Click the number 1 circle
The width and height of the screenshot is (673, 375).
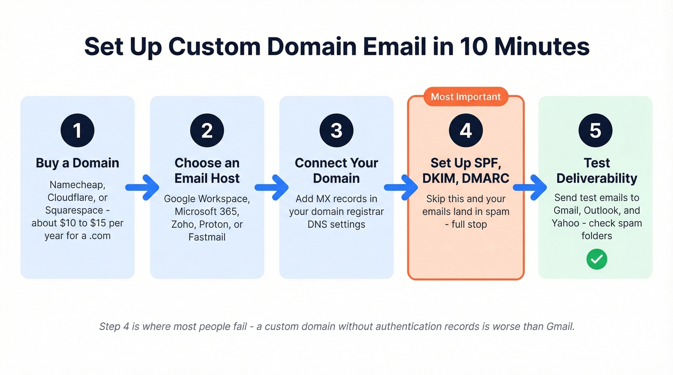[x=77, y=130]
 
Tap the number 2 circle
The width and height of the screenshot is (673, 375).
[x=207, y=130]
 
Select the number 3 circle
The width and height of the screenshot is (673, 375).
[x=336, y=130]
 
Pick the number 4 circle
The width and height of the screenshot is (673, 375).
[x=466, y=130]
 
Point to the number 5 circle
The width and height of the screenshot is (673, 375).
[x=595, y=130]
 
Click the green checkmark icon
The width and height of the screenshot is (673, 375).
[x=597, y=259]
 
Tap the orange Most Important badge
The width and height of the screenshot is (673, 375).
[x=465, y=97]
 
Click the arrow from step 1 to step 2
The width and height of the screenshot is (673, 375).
[x=142, y=187]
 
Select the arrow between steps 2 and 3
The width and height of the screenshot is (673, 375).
[x=272, y=187]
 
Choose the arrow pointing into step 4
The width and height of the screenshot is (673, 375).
[x=401, y=187]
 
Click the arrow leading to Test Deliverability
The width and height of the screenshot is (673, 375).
[x=531, y=187]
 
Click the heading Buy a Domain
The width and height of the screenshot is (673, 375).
[x=77, y=163]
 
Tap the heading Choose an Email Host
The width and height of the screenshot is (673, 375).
[x=207, y=170]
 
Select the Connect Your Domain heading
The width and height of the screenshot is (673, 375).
[x=336, y=170]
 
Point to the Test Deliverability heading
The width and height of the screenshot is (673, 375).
[x=597, y=170]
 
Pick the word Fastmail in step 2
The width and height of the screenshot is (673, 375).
[x=207, y=237]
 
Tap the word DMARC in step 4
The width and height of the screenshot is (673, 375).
[x=486, y=178]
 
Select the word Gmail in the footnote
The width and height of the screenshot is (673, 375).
[x=560, y=327]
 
